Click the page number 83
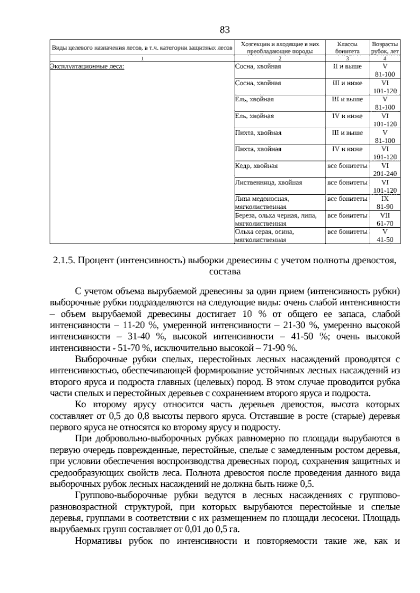point(224,30)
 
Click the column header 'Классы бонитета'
point(347,48)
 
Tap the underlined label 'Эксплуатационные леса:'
point(87,66)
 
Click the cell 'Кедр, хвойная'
point(256,166)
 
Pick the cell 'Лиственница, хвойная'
point(268,183)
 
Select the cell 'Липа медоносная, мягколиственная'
point(262,203)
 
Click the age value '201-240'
point(385,174)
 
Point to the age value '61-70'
point(385,223)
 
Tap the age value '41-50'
point(385,240)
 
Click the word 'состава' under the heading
point(224,271)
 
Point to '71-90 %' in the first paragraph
point(282,348)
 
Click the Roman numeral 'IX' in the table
point(385,199)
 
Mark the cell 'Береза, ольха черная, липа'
point(276,216)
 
